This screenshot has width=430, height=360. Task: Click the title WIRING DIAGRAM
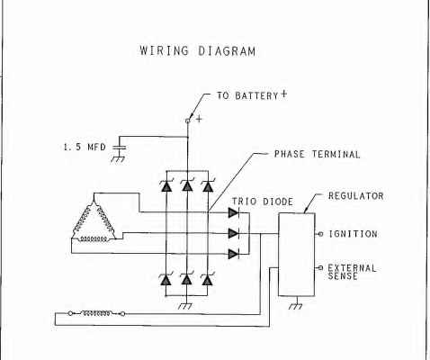click(198, 50)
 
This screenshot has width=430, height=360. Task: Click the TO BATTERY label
click(247, 95)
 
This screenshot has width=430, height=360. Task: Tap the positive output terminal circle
click(188, 121)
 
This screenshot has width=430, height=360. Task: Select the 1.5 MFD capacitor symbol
click(119, 148)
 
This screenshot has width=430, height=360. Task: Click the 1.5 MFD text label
click(85, 147)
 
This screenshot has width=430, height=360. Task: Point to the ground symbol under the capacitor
click(118, 159)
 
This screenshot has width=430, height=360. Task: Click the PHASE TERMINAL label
click(317, 154)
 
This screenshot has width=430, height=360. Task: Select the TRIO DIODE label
click(263, 202)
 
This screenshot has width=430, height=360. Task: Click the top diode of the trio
click(234, 212)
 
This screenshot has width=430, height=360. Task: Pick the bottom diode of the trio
click(234, 254)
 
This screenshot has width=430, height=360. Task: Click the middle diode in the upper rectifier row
click(187, 185)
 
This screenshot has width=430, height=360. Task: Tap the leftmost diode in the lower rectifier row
click(166, 280)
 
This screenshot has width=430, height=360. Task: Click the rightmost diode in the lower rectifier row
click(207, 280)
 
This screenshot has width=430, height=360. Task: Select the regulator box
click(297, 255)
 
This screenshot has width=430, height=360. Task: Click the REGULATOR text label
click(356, 196)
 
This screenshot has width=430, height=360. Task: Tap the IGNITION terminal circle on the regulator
click(320, 234)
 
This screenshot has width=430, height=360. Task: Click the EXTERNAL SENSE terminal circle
click(320, 267)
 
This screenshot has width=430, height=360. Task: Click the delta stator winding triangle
click(94, 220)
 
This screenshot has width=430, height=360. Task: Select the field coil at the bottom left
click(96, 313)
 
